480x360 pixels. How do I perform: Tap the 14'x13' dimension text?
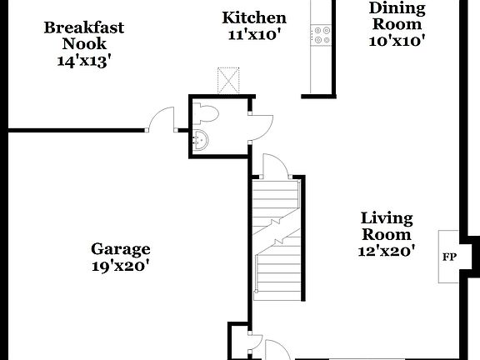(x=84, y=61)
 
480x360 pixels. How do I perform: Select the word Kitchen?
(x=254, y=17)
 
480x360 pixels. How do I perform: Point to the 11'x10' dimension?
(x=254, y=35)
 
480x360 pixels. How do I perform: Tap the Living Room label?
(x=387, y=226)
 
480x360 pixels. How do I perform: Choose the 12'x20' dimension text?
(x=387, y=250)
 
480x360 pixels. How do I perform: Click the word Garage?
(x=121, y=248)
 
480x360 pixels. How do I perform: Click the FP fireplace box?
(x=448, y=256)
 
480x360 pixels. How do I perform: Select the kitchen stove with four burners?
(x=321, y=35)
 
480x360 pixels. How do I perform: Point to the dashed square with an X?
(x=228, y=81)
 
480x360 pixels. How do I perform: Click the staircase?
(x=276, y=242)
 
